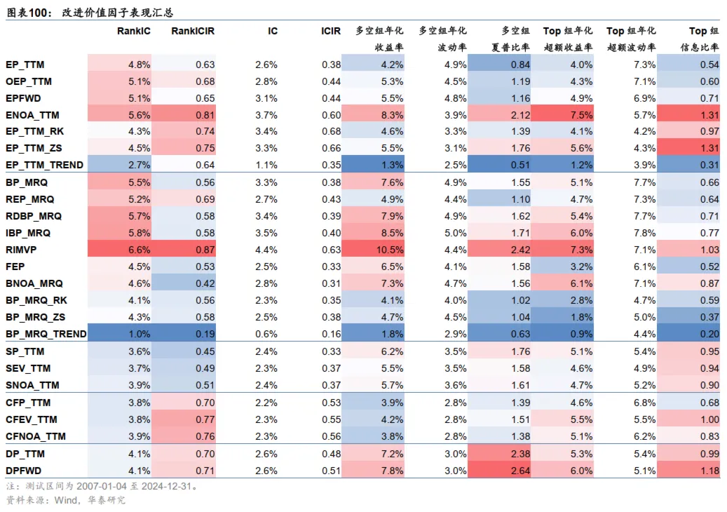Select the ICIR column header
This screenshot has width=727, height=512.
point(331,31)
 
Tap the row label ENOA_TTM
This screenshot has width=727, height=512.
point(32,115)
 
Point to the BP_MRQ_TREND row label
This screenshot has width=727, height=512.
point(46,334)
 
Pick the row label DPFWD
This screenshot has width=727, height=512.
point(25,471)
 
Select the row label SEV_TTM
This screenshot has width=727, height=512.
point(28,368)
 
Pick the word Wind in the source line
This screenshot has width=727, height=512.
point(65,500)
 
